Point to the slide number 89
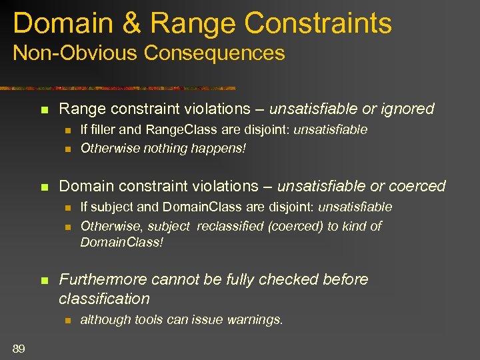[x=19, y=348]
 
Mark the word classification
[x=104, y=299]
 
